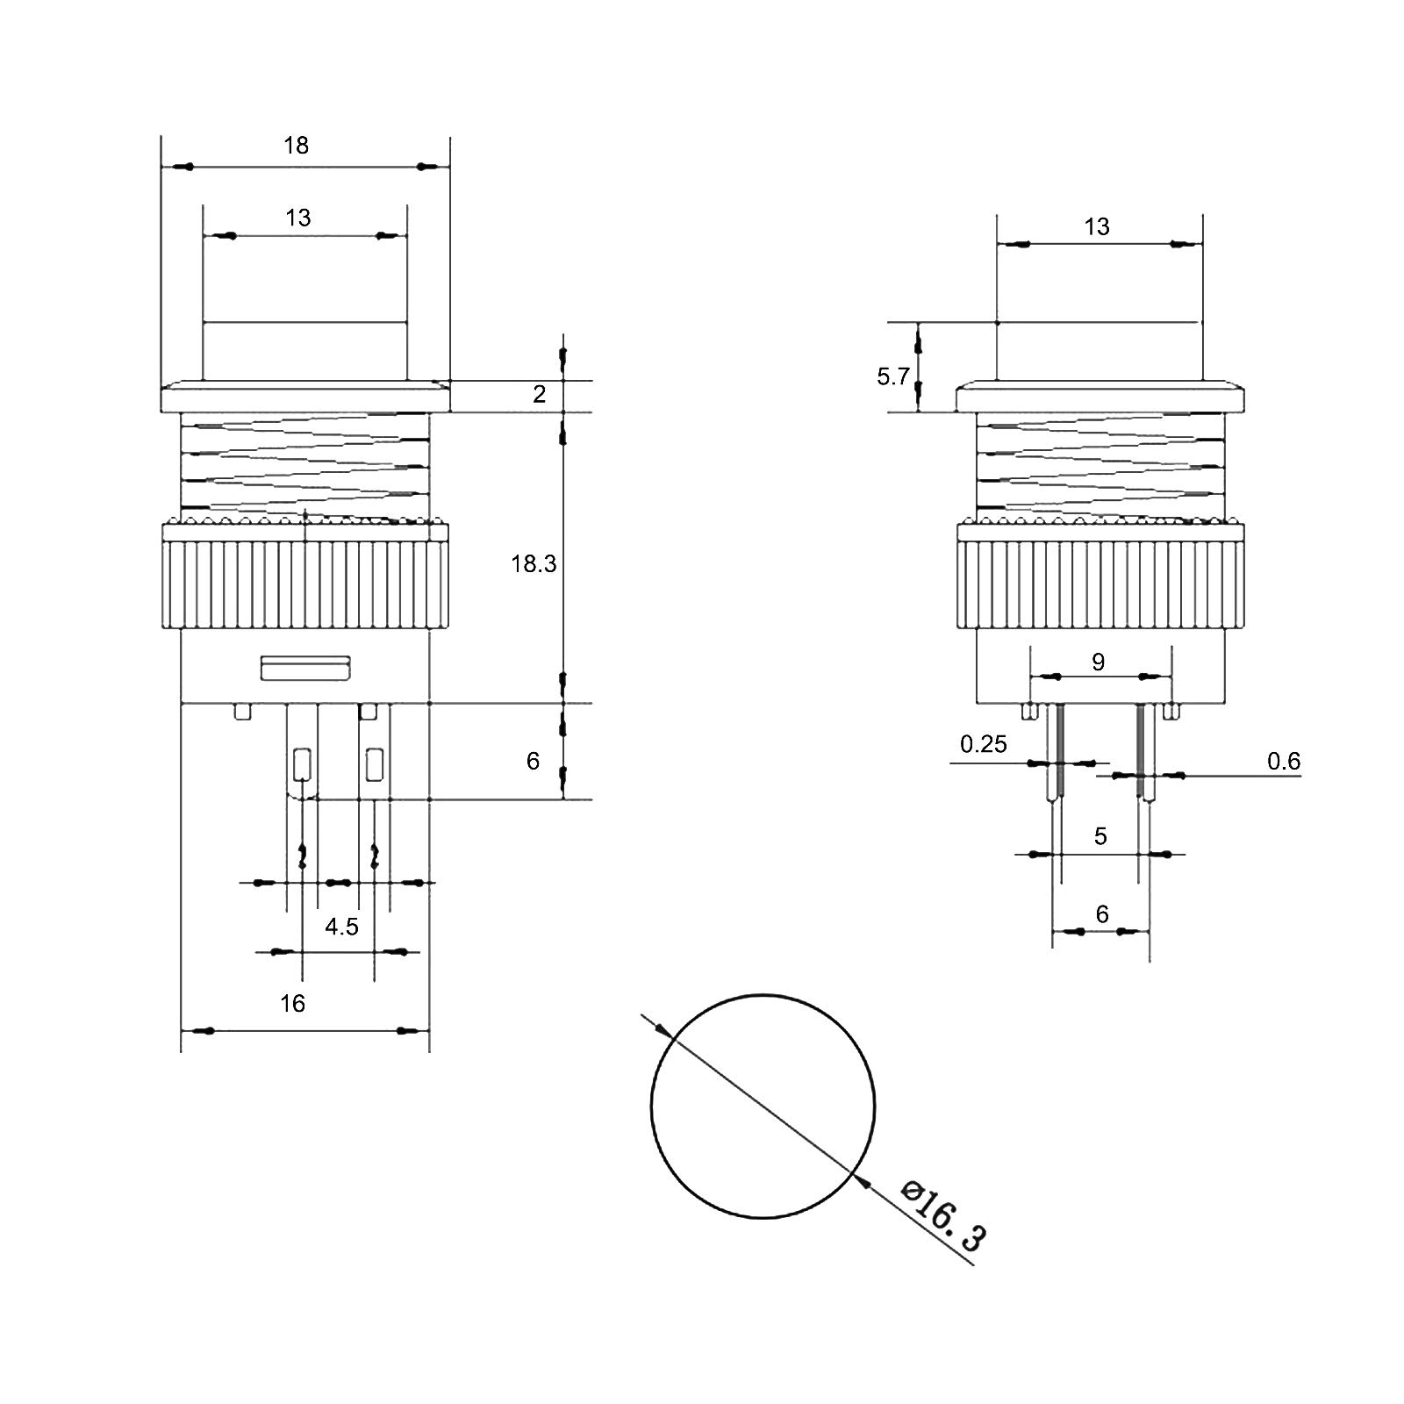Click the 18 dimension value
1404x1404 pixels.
tap(297, 145)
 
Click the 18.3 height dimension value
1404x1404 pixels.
tap(534, 564)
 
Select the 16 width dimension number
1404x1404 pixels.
tap(292, 1003)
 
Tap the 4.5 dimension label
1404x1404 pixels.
tap(341, 927)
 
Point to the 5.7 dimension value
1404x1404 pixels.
tap(892, 377)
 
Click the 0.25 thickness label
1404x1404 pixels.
tap(983, 745)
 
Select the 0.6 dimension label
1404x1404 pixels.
tap(1283, 762)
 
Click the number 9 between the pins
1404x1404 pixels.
tap(1099, 663)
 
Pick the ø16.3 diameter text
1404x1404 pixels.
tap(944, 1215)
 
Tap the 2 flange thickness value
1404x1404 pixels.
tap(539, 395)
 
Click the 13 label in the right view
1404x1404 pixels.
tap(1096, 227)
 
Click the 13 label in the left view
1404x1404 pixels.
tap(297, 218)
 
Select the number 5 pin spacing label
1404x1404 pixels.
tap(1100, 836)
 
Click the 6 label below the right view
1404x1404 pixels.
tap(1102, 914)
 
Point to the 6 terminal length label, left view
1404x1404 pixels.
tap(533, 761)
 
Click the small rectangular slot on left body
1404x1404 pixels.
tap(306, 669)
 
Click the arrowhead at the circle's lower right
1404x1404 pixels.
tap(863, 1181)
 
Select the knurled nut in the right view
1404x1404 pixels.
tap(1100, 584)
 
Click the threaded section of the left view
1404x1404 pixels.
tap(304, 465)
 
